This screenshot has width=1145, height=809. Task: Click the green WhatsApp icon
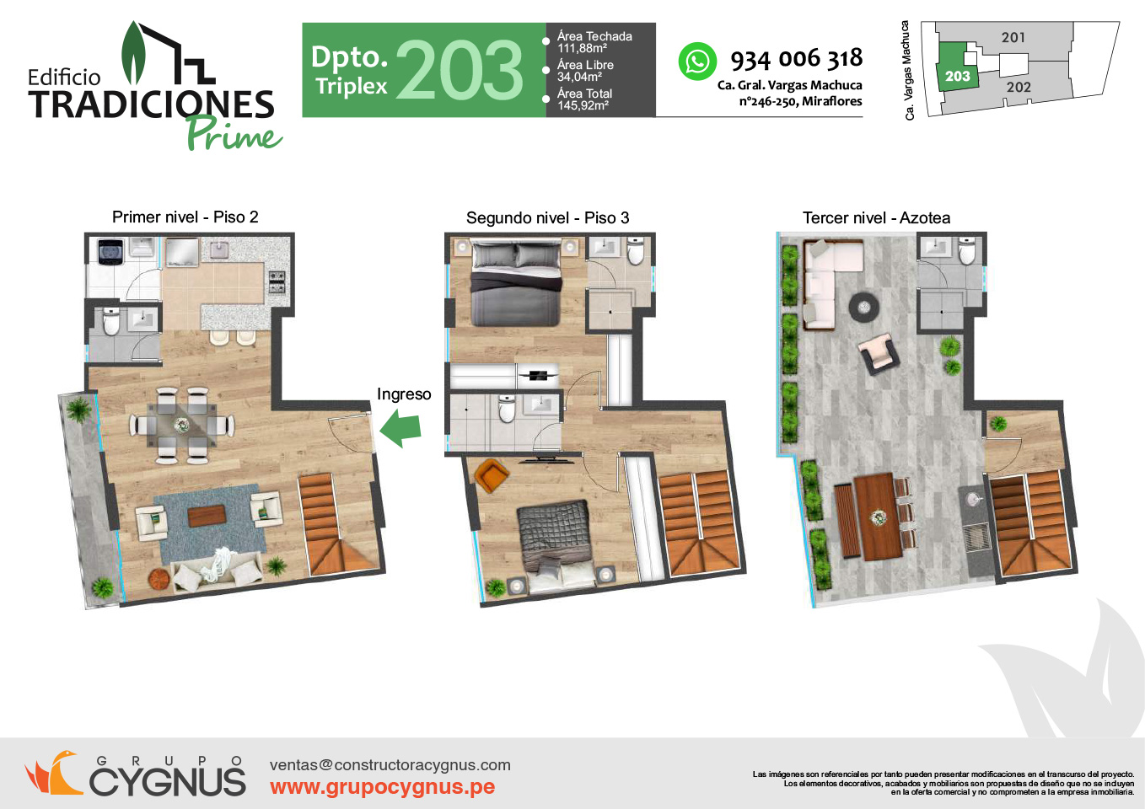pos(697,62)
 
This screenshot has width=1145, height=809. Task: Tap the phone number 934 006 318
pos(797,59)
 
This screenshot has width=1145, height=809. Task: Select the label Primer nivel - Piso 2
pos(185,217)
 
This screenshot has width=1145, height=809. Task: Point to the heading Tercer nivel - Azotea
pos(876,218)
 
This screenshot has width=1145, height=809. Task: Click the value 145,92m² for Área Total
pos(583,105)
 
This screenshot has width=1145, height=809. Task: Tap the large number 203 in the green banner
pos(460,71)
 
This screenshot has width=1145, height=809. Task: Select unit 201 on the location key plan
pos(1013,37)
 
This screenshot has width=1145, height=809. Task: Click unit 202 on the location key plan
pos(1019,88)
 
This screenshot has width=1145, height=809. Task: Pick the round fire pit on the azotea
pos(864,307)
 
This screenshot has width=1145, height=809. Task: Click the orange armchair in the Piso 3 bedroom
pos(492,475)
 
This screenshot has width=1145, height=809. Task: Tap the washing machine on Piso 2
pos(109,252)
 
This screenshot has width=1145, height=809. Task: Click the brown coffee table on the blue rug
pos(207,516)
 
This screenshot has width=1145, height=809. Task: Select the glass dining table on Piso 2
pos(182,425)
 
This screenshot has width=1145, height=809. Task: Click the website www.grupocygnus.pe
pos(382,787)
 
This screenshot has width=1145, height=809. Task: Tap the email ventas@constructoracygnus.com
pos(390,765)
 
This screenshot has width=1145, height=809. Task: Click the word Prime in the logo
pos(234,134)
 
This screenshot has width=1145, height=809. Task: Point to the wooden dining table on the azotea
pos(878,517)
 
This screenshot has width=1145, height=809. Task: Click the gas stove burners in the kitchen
pos(277,282)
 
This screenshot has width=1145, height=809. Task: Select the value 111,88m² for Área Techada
pos(583,49)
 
